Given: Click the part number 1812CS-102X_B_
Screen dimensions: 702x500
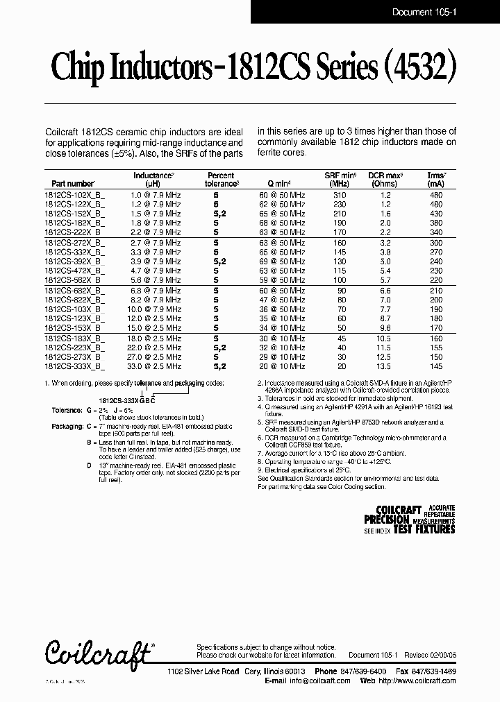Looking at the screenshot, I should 75,196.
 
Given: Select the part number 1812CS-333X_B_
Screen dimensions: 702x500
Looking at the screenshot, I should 75,366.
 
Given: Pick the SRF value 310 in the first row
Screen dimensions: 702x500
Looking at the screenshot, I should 340,196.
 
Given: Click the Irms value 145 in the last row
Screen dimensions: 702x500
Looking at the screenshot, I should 435,366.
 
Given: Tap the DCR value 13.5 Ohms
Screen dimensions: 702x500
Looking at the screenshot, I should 385,366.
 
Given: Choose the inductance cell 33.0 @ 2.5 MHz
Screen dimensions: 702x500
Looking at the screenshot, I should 156,366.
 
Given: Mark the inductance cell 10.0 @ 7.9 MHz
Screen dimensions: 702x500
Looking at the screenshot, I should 156,309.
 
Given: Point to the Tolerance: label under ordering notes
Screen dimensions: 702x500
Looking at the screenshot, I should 67,411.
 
